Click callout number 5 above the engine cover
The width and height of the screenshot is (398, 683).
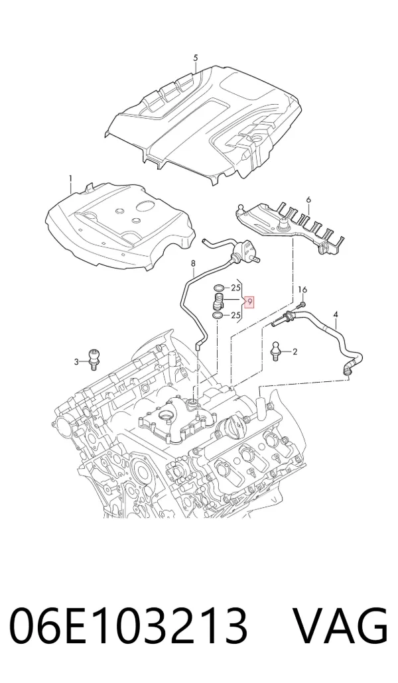196,58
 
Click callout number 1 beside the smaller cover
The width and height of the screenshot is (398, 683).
70,178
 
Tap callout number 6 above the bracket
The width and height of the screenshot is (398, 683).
308,200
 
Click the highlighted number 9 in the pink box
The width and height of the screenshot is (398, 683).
250,302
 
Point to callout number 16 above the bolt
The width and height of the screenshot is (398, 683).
302,290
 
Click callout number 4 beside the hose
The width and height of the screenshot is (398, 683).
335,314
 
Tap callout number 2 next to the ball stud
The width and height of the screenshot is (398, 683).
295,351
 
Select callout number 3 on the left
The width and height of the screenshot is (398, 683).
76,361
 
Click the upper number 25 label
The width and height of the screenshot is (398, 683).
236,288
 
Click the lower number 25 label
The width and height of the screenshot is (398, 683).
236,316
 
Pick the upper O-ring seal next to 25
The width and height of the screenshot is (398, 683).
218,288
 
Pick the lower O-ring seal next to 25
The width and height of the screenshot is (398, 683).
218,316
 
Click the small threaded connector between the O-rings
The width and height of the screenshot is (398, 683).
219,302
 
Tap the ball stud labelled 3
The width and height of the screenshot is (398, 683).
93,359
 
